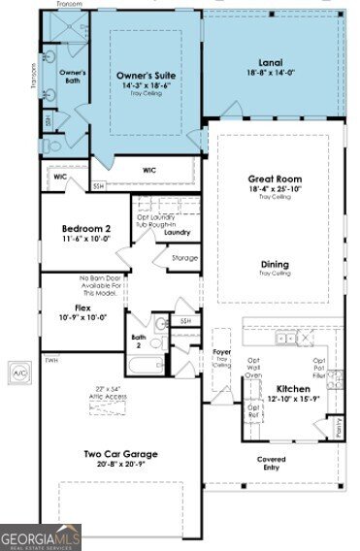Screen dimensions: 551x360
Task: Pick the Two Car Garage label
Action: (120, 453)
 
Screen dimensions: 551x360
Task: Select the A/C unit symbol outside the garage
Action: (18, 372)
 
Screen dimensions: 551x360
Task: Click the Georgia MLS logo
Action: (41, 536)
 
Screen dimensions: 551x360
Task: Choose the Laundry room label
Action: (176, 233)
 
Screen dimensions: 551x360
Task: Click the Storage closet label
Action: (184, 258)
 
